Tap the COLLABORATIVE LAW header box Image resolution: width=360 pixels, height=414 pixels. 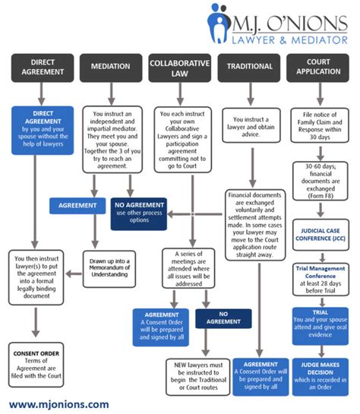(180, 67)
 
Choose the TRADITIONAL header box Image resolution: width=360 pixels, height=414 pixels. (249, 67)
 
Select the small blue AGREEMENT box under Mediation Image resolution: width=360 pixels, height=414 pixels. (76, 204)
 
